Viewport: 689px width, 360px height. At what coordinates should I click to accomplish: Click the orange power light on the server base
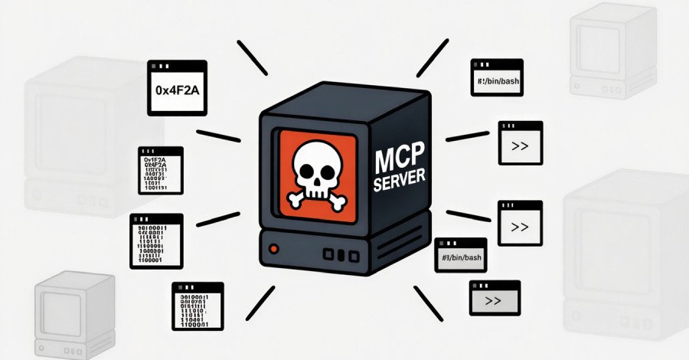click(273, 249)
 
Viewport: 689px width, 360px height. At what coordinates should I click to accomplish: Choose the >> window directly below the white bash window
click(521, 142)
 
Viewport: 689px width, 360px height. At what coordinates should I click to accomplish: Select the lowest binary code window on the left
click(198, 305)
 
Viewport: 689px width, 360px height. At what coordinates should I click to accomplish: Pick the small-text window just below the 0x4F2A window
click(160, 171)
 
